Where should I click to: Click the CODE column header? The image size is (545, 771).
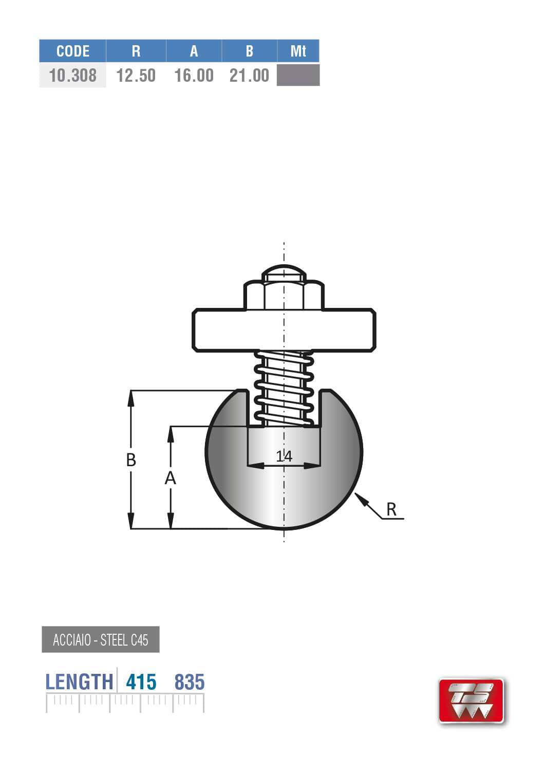72,51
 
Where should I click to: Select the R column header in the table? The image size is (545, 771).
136,51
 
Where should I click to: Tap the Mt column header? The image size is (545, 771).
298,51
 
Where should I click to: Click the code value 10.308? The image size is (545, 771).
72,76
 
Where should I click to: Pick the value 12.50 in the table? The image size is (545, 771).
136,76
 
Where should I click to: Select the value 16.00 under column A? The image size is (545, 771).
194,76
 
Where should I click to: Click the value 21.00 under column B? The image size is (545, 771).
249,76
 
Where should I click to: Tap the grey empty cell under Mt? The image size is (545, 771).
298,75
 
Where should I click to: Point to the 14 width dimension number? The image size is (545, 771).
284,456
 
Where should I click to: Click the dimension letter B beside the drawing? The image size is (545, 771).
131,460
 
